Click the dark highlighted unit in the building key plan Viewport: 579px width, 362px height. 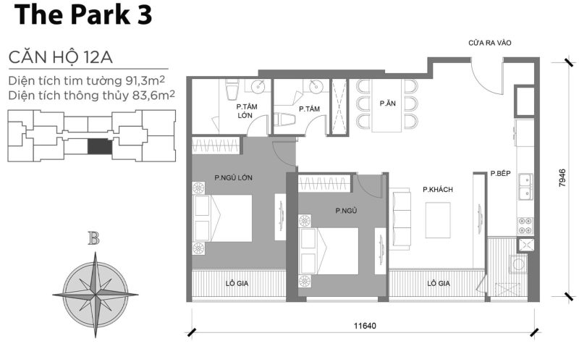tap(100, 146)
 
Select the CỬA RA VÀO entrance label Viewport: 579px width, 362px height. tap(489, 43)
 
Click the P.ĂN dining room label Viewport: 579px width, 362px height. tap(387, 104)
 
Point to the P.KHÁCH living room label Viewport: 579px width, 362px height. tap(438, 190)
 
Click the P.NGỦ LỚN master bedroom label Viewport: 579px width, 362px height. tap(233, 177)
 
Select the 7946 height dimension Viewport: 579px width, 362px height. tap(562, 179)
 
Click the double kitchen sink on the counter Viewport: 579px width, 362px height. tap(525, 186)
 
